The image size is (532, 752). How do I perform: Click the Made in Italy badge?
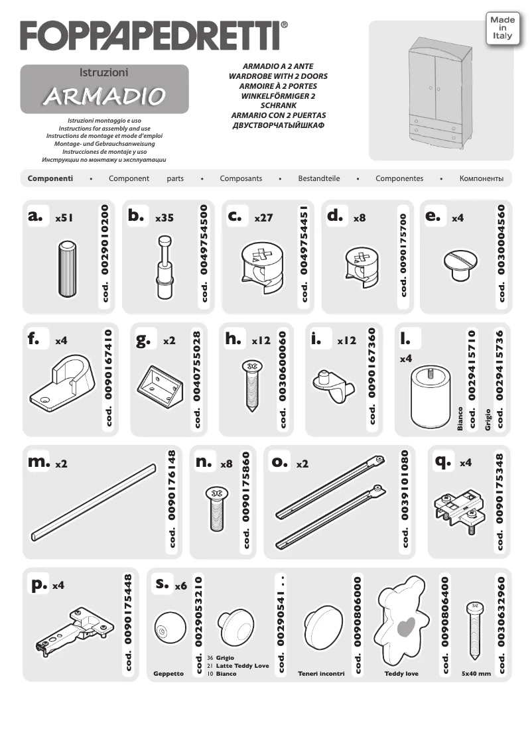502,30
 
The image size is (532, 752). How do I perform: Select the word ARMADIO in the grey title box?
103,95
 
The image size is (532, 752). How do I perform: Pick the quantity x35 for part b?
164,218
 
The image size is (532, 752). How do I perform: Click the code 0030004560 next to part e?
501,254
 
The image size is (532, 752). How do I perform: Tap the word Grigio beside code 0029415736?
488,420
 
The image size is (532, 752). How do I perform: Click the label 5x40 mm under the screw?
476,674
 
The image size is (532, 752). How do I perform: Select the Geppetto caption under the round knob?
168,674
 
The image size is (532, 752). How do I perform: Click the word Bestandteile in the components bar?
318,179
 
